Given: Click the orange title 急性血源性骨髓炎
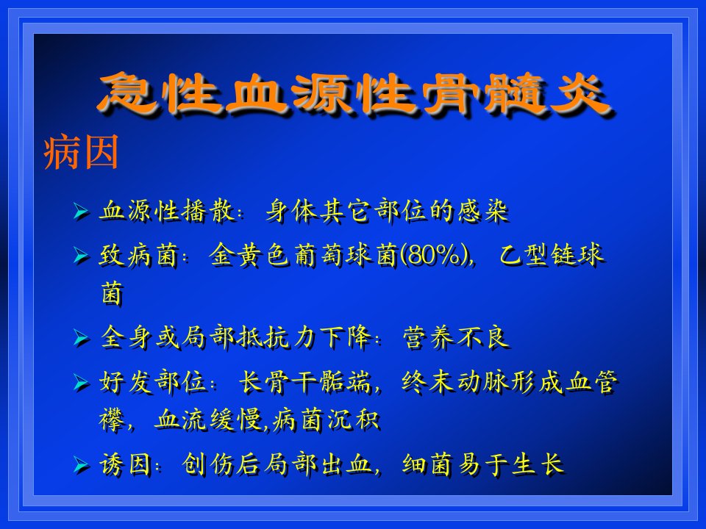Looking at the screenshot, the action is pos(354,93).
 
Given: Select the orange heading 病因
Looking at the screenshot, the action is pos(81,152).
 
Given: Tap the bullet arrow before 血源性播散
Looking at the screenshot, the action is pos(81,211).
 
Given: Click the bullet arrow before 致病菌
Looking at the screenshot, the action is pos(81,256).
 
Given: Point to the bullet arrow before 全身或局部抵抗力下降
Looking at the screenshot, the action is pos(81,338).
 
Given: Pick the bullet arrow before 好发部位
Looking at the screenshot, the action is pos(81,383).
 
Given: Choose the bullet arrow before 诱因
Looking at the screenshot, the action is pos(81,464).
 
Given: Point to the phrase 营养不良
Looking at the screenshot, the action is pos(456,337).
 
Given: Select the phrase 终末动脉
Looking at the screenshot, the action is pos(455,382).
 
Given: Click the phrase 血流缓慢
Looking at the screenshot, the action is pos(208,420).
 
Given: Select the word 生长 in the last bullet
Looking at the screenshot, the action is pos(538,464).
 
